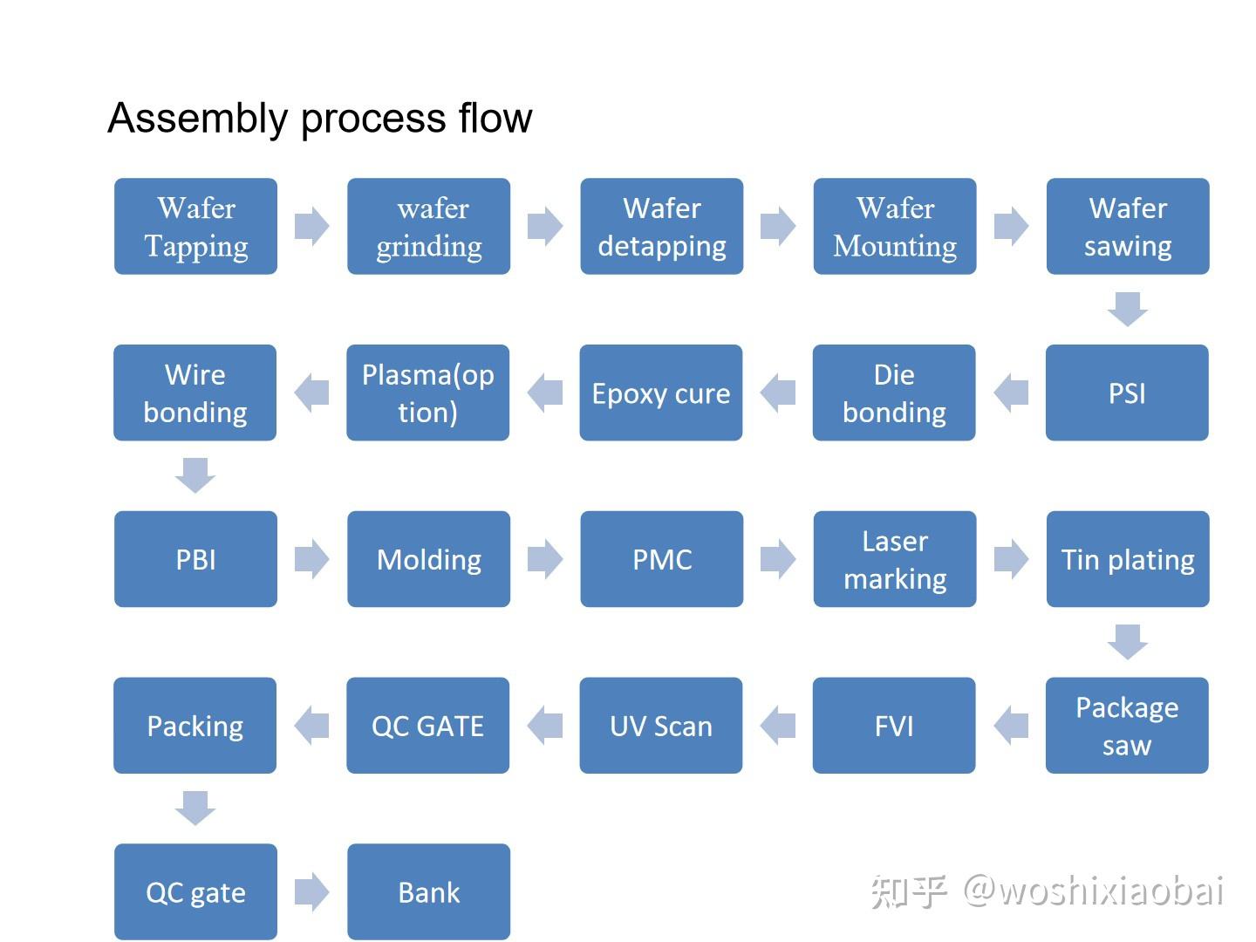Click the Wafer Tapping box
pos(195,227)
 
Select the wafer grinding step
pos(428,227)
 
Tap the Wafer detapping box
pos(661,227)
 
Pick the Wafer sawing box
pos(1127,227)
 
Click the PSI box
pos(1127,392)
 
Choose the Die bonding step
pos(894,392)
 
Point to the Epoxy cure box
pos(660,392)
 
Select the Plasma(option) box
pos(427,392)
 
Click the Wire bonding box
pos(195,392)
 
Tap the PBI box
pos(195,559)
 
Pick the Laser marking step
pos(894,559)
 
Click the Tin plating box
pos(1127,559)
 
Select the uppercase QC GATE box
pos(427,726)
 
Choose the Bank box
pos(428,891)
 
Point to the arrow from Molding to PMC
pos(545,559)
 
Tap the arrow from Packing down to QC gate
pos(195,808)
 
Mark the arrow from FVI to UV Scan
pos(778,726)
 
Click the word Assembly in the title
pos(197,118)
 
